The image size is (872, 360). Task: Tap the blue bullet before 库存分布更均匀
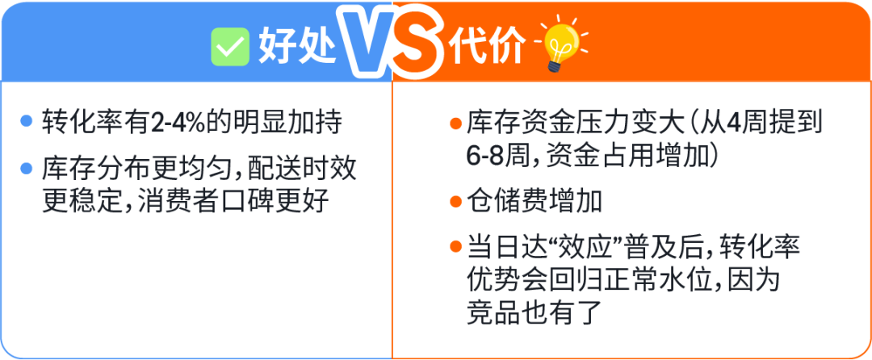click(27, 170)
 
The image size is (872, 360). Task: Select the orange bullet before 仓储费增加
click(455, 199)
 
